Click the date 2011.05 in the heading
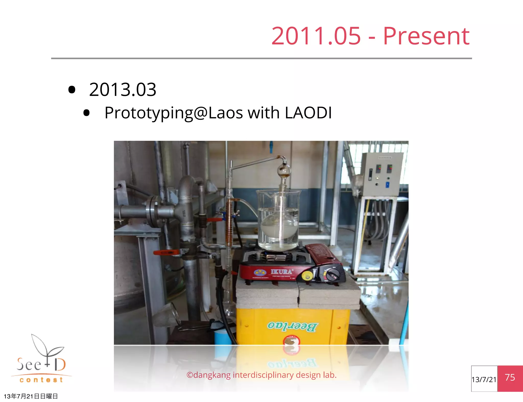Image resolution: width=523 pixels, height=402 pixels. pyautogui.click(x=316, y=36)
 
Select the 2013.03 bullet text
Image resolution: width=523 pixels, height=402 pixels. pyautogui.click(x=123, y=90)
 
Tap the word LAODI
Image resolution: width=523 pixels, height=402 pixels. pyautogui.click(x=308, y=113)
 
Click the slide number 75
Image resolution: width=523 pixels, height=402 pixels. pyautogui.click(x=510, y=378)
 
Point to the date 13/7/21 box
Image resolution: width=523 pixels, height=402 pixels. pyautogui.click(x=484, y=379)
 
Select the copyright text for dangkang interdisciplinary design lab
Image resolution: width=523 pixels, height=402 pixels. pyautogui.click(x=261, y=375)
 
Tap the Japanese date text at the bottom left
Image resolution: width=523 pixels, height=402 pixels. pyautogui.click(x=31, y=396)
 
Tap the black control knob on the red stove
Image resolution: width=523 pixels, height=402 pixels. pyautogui.click(x=333, y=275)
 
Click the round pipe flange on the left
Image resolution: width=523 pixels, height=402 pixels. pyautogui.click(x=153, y=212)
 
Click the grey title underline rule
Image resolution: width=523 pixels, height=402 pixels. pyautogui.click(x=261, y=58)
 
